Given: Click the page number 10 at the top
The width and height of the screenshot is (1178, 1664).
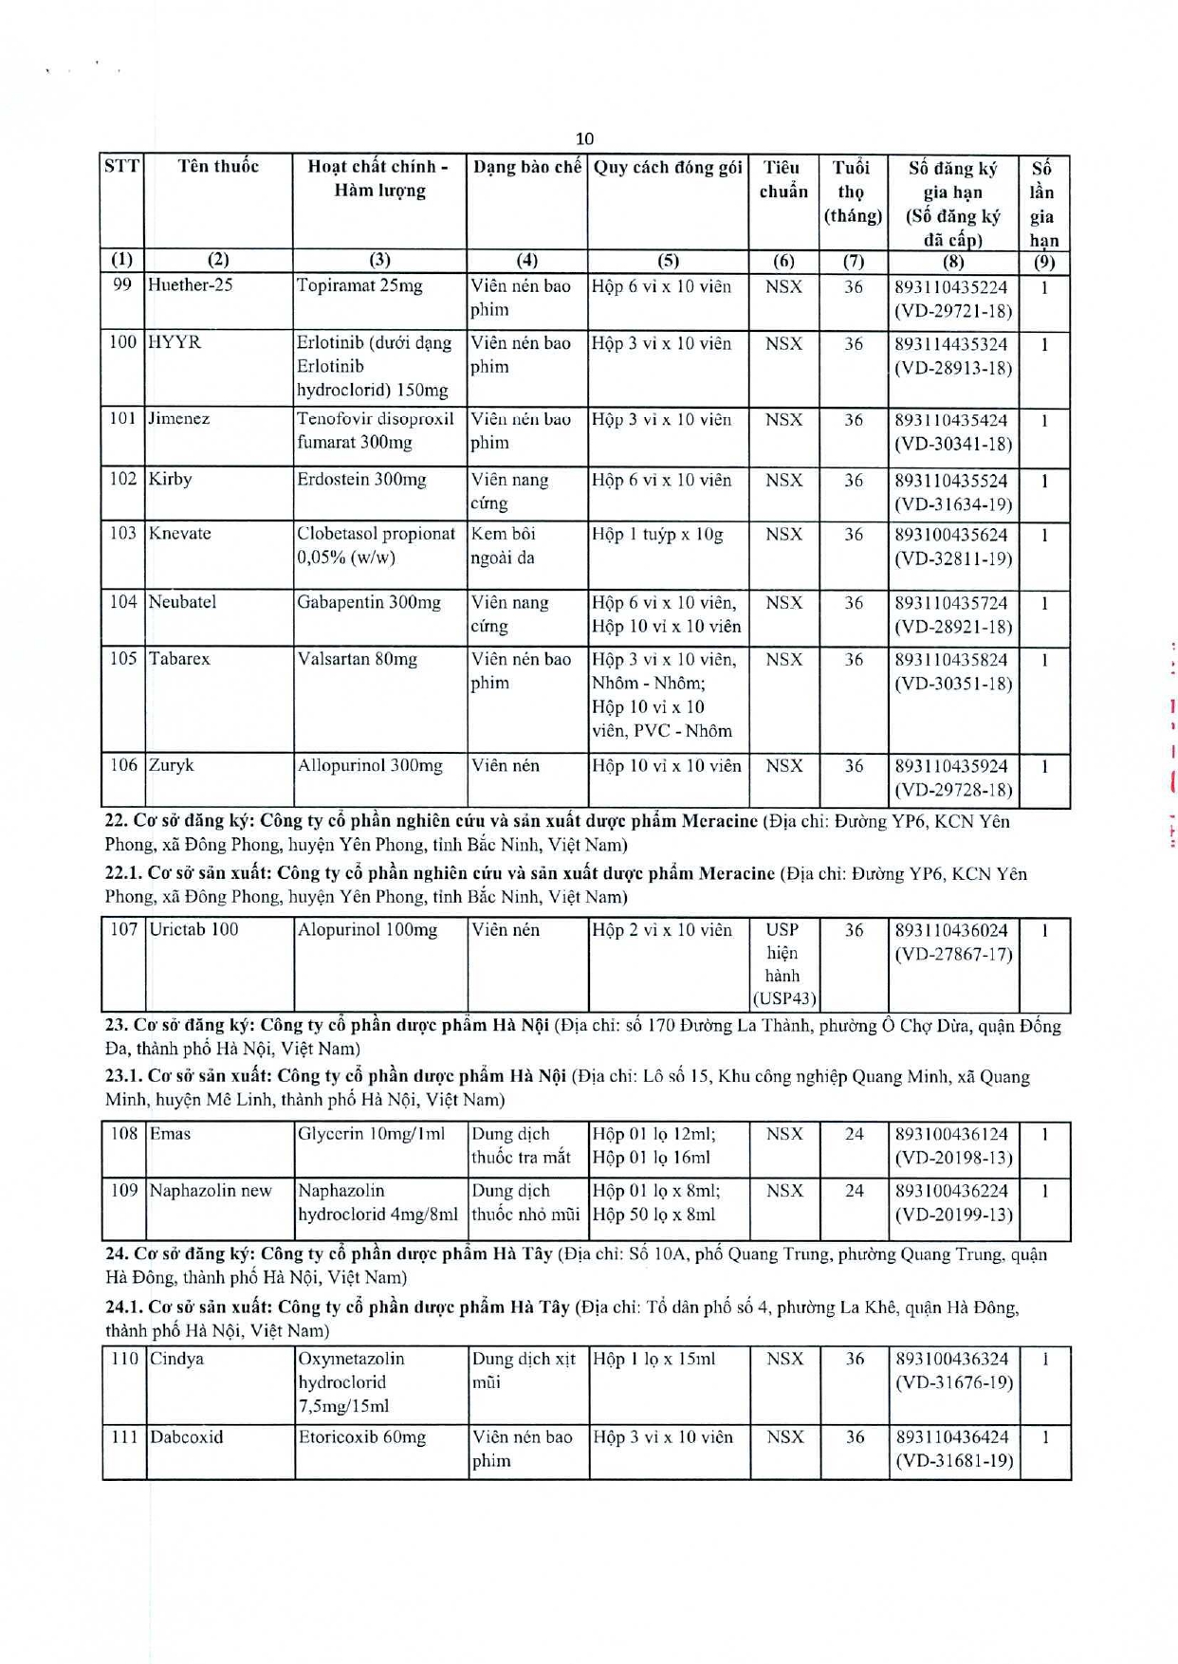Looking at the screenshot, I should (584, 138).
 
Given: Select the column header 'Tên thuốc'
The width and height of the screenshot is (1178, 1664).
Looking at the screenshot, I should (218, 167).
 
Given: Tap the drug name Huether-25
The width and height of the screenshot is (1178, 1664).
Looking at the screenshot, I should (191, 285).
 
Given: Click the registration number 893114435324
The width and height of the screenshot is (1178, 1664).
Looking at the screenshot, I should (951, 344).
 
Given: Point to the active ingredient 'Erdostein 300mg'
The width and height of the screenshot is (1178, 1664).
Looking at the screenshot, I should (361, 480).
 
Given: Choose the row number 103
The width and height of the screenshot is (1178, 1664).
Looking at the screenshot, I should (122, 533).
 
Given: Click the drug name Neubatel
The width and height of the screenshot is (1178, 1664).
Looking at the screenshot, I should (183, 602).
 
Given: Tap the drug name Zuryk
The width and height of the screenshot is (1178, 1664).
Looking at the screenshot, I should (172, 765).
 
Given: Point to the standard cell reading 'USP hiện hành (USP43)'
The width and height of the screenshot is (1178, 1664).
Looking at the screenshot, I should (783, 964).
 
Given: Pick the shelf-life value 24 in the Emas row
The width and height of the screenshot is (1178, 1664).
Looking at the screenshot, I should (854, 1134).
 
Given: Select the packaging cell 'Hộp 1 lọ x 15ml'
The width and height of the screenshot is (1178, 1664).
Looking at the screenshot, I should (654, 1359).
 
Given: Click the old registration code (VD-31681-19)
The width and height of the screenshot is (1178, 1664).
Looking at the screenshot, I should (954, 1461).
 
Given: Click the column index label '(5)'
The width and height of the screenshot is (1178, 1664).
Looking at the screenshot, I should (668, 261).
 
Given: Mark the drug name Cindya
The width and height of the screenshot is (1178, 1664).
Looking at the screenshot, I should (176, 1359).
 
